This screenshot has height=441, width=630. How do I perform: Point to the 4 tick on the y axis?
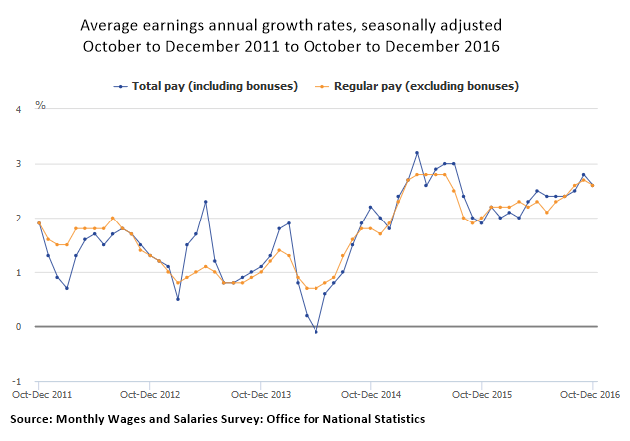click(16, 109)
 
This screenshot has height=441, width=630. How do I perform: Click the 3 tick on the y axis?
click(16, 164)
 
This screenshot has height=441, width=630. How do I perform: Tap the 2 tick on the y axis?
click(16, 218)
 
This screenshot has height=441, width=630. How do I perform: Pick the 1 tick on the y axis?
click(16, 272)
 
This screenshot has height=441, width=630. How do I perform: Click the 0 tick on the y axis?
click(16, 327)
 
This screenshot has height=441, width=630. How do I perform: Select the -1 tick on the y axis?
click(15, 381)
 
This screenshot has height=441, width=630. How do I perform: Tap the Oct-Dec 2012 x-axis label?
click(149, 396)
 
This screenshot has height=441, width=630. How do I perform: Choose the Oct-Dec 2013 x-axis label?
click(260, 396)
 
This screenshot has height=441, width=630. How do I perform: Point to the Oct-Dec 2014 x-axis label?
click(370, 396)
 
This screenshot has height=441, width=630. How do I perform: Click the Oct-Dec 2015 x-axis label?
click(481, 396)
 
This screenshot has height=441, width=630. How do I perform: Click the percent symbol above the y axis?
click(41, 104)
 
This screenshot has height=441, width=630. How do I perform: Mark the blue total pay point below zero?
click(315, 331)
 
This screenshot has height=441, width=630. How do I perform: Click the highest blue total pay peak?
click(416, 153)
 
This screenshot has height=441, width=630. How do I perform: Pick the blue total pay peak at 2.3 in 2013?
click(205, 202)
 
